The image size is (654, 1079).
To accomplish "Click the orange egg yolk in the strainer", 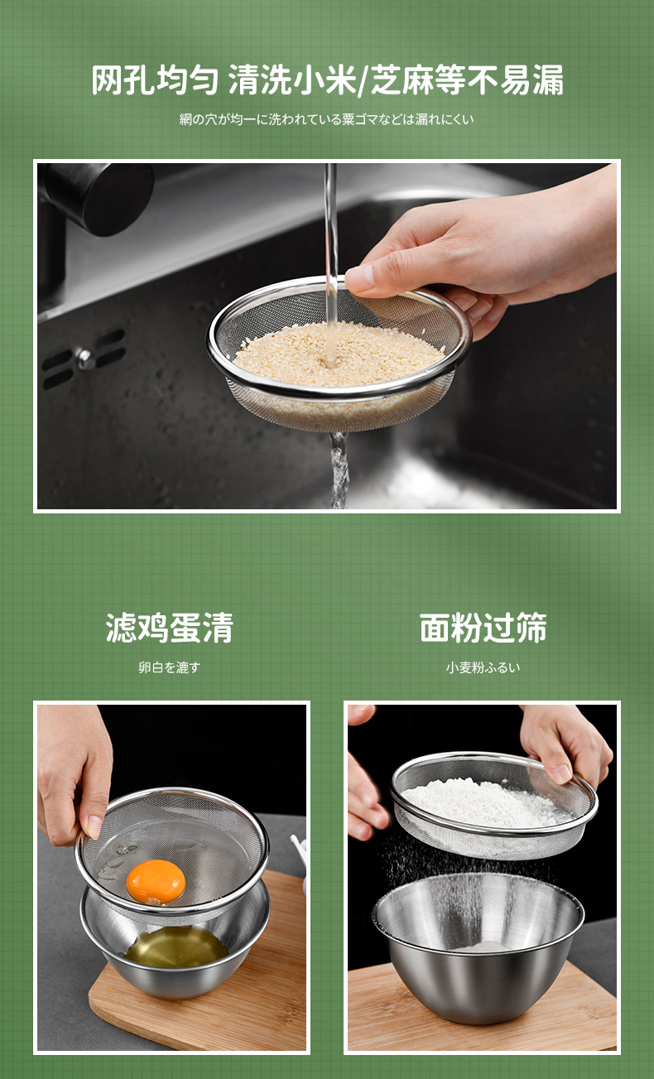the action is click(x=156, y=881).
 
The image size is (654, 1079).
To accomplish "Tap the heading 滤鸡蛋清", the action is click(x=170, y=628).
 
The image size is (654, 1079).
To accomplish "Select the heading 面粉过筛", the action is click(x=483, y=628).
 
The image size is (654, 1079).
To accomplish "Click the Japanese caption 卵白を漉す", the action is click(x=169, y=667).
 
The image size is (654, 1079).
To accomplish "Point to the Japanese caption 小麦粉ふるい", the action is click(x=483, y=667).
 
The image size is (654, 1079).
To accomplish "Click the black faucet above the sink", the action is click(x=96, y=197).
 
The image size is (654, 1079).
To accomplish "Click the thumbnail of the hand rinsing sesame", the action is click(x=327, y=336).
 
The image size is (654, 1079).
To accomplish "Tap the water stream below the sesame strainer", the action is click(x=339, y=470).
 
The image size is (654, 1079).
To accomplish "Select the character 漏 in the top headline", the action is click(x=548, y=80).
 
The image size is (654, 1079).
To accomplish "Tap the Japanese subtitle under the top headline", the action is click(x=327, y=119).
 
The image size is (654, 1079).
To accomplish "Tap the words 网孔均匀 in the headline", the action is click(x=155, y=80).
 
